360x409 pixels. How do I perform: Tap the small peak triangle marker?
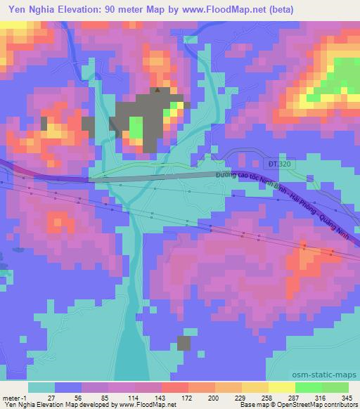point(157,89)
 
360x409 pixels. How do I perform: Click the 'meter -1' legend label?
point(12,397)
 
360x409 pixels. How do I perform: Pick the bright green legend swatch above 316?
point(307,387)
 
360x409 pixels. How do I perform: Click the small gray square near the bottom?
point(184,343)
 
